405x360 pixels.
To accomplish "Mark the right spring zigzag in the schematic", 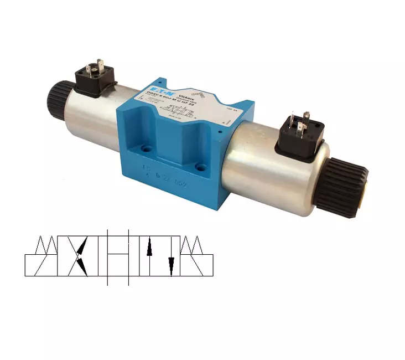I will pos(194,245).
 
